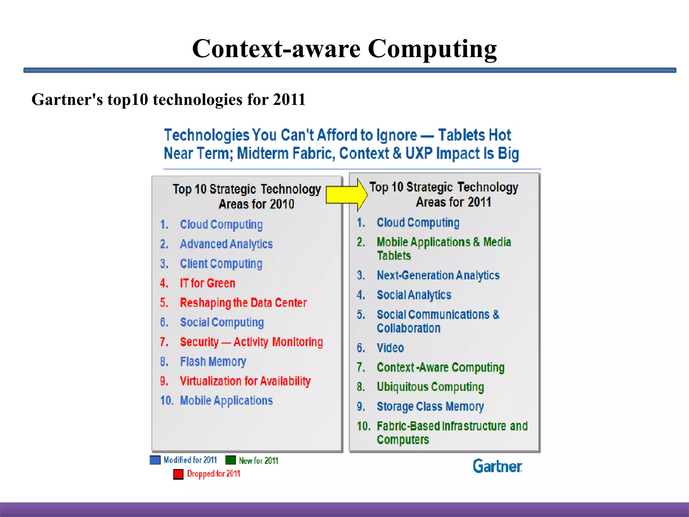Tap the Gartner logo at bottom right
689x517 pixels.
(x=497, y=466)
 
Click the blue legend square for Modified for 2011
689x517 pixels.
(x=155, y=460)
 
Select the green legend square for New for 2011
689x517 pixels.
(x=230, y=460)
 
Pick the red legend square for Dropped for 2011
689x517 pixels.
(x=178, y=474)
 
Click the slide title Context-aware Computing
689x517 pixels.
(x=344, y=49)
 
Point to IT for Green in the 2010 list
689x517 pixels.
(x=207, y=283)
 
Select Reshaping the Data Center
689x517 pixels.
(x=243, y=303)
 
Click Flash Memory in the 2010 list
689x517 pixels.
(x=213, y=362)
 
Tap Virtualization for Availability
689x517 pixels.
(x=245, y=381)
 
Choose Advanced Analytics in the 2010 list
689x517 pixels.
(x=226, y=244)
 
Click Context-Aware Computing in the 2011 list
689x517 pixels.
(x=440, y=368)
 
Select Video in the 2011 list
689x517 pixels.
(x=390, y=348)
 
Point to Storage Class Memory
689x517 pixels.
(x=430, y=407)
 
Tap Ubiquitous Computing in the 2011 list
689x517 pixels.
(x=430, y=387)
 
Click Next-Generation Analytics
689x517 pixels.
(x=438, y=275)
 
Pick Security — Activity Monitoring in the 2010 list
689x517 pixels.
(x=251, y=342)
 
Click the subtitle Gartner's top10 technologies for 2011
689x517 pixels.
(x=169, y=100)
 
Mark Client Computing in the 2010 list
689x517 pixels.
(x=221, y=264)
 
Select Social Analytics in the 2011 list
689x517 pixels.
(x=414, y=295)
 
